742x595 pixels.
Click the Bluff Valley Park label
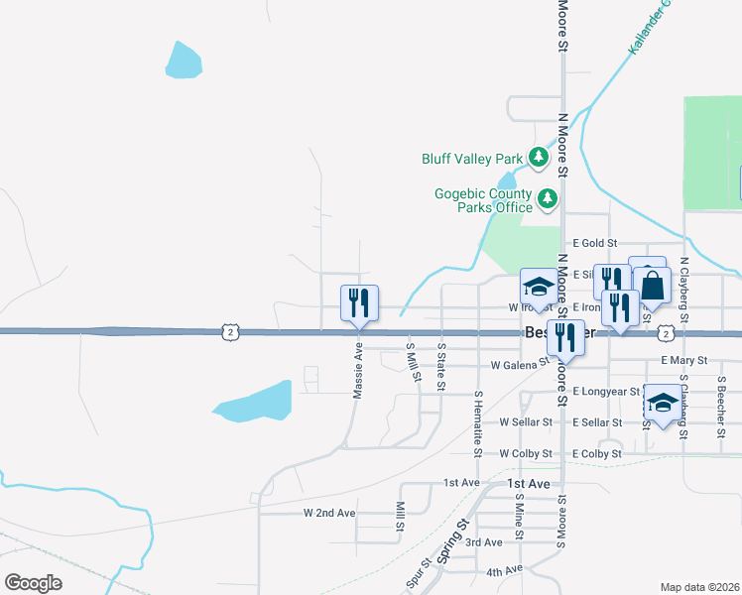point(471,158)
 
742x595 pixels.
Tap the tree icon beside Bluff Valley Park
point(539,157)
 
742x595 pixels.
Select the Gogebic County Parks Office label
point(483,200)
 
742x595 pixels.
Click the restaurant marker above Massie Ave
point(359,302)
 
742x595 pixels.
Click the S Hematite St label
point(478,423)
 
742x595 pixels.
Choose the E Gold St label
point(595,243)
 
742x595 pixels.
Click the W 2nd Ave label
point(328,513)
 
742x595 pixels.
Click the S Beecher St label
point(721,401)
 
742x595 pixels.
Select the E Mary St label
point(682,361)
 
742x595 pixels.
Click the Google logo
point(34,582)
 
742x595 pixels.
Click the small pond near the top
point(185,61)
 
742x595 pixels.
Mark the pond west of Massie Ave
point(254,400)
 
